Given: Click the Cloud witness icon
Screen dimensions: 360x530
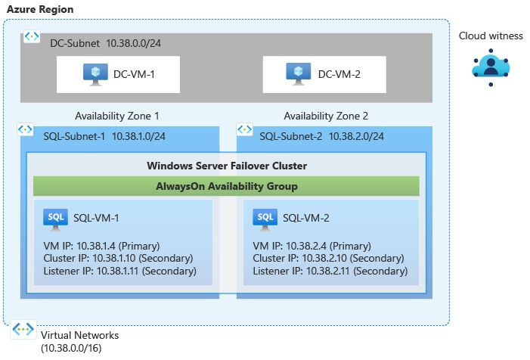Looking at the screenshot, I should tap(491, 67).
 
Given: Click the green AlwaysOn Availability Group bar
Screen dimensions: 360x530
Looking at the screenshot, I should tap(226, 186).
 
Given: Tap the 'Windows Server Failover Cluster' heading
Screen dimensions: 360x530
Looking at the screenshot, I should tap(226, 166).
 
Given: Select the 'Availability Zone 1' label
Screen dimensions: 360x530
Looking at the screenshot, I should tap(117, 116).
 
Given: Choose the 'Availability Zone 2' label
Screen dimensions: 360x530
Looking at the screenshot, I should tap(326, 116).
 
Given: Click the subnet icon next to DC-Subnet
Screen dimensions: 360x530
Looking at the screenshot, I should tap(32, 36).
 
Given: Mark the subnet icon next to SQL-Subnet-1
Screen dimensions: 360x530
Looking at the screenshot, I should tap(25, 130).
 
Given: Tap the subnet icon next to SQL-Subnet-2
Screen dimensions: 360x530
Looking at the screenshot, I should tap(243, 130).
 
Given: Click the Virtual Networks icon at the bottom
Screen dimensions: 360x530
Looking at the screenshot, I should tap(23, 331).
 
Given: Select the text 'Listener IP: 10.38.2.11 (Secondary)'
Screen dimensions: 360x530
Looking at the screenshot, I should tap(330, 271).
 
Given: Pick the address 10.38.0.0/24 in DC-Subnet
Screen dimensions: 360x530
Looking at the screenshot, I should tap(133, 43).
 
